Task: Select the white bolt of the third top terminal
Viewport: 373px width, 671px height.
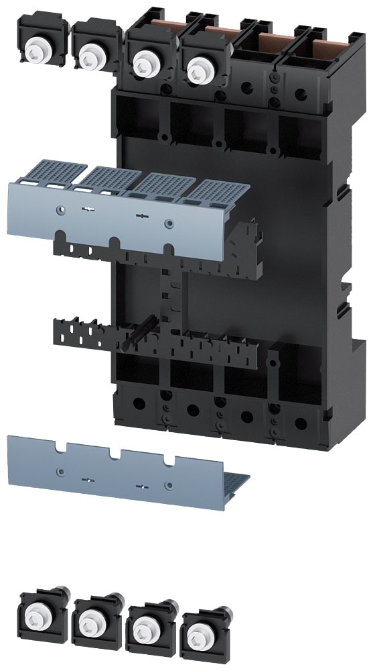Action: (x=143, y=64)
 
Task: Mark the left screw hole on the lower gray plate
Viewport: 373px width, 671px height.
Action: (x=61, y=472)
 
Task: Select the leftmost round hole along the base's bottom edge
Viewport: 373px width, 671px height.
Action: (x=140, y=404)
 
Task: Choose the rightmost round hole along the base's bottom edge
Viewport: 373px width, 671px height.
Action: (x=301, y=423)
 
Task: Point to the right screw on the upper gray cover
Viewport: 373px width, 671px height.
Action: (x=168, y=223)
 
